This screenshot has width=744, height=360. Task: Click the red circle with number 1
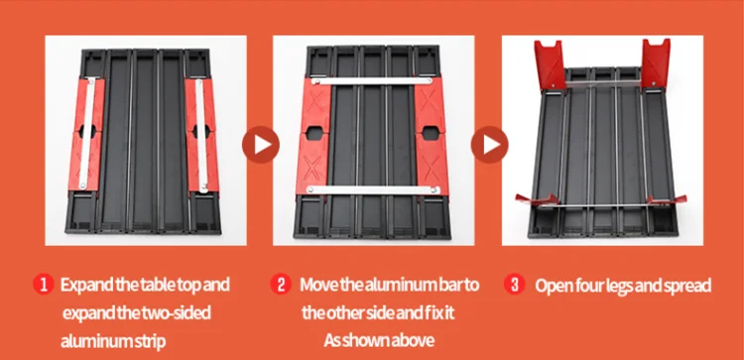tap(44, 285)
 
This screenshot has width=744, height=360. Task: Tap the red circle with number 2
tap(281, 285)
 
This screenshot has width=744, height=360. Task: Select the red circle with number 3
tap(514, 285)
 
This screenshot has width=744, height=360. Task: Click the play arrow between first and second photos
tap(261, 145)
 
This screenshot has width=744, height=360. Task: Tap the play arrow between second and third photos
tap(489, 145)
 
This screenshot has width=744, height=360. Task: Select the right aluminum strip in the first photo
tap(201, 135)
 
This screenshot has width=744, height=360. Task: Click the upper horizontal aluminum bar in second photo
tap(372, 81)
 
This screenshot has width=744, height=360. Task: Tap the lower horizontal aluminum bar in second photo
tap(373, 190)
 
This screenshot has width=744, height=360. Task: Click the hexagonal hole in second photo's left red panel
tap(314, 132)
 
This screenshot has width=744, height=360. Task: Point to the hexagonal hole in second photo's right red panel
tap(430, 132)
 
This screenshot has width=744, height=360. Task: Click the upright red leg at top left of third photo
tap(551, 64)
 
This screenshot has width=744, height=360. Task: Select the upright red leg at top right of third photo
tap(656, 64)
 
